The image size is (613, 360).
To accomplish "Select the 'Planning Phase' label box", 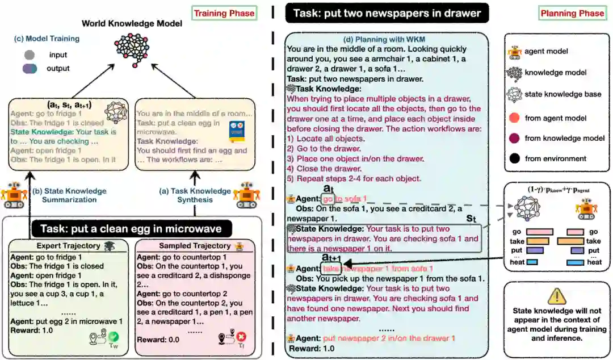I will (x=572, y=13).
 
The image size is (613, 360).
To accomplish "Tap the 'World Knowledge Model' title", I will (x=132, y=24).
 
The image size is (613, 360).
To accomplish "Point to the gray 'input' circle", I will (x=30, y=55).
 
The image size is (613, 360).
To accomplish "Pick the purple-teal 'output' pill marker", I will (x=30, y=68).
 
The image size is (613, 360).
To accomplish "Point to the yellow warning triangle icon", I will (x=558, y=295).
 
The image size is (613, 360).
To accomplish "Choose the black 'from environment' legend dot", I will (x=515, y=158).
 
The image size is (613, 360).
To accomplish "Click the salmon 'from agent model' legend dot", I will (x=515, y=118).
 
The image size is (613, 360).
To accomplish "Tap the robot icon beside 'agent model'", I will (x=515, y=52).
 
